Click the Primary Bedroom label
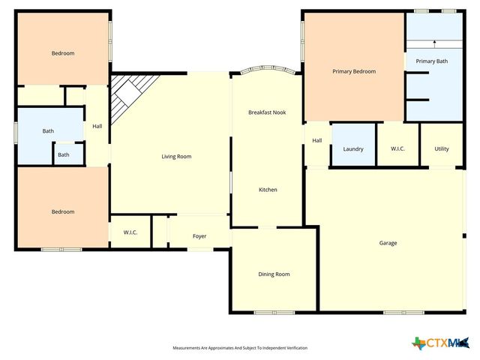click(x=354, y=71)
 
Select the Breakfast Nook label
click(x=267, y=112)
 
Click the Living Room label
click(x=177, y=157)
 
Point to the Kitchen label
click(x=268, y=190)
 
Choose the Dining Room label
click(x=274, y=274)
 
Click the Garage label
click(x=388, y=243)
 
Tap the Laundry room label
click(x=353, y=149)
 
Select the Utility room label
click(x=442, y=149)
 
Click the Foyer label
click(x=199, y=236)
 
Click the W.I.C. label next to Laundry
click(x=397, y=149)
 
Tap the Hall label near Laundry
click(x=317, y=140)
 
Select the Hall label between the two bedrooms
click(x=97, y=127)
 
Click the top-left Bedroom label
click(x=62, y=53)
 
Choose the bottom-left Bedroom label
click(x=62, y=211)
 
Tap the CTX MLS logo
click(x=442, y=343)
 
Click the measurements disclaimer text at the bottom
click(x=240, y=348)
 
